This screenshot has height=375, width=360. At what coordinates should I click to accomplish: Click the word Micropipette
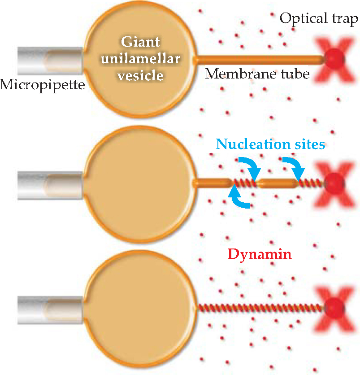pos(43,84)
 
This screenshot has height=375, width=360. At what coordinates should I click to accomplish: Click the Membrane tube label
pos(257,74)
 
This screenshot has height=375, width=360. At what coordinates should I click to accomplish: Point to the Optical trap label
pos(319,18)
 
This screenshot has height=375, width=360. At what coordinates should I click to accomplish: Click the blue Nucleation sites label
pos(270,144)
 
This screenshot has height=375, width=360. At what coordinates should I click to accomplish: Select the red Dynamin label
pos(260,254)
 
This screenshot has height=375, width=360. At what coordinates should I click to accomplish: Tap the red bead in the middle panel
pos(334,183)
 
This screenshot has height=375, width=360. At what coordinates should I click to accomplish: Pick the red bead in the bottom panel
pos(334,308)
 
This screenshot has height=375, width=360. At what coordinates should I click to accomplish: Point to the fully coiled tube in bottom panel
pos(260,308)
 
